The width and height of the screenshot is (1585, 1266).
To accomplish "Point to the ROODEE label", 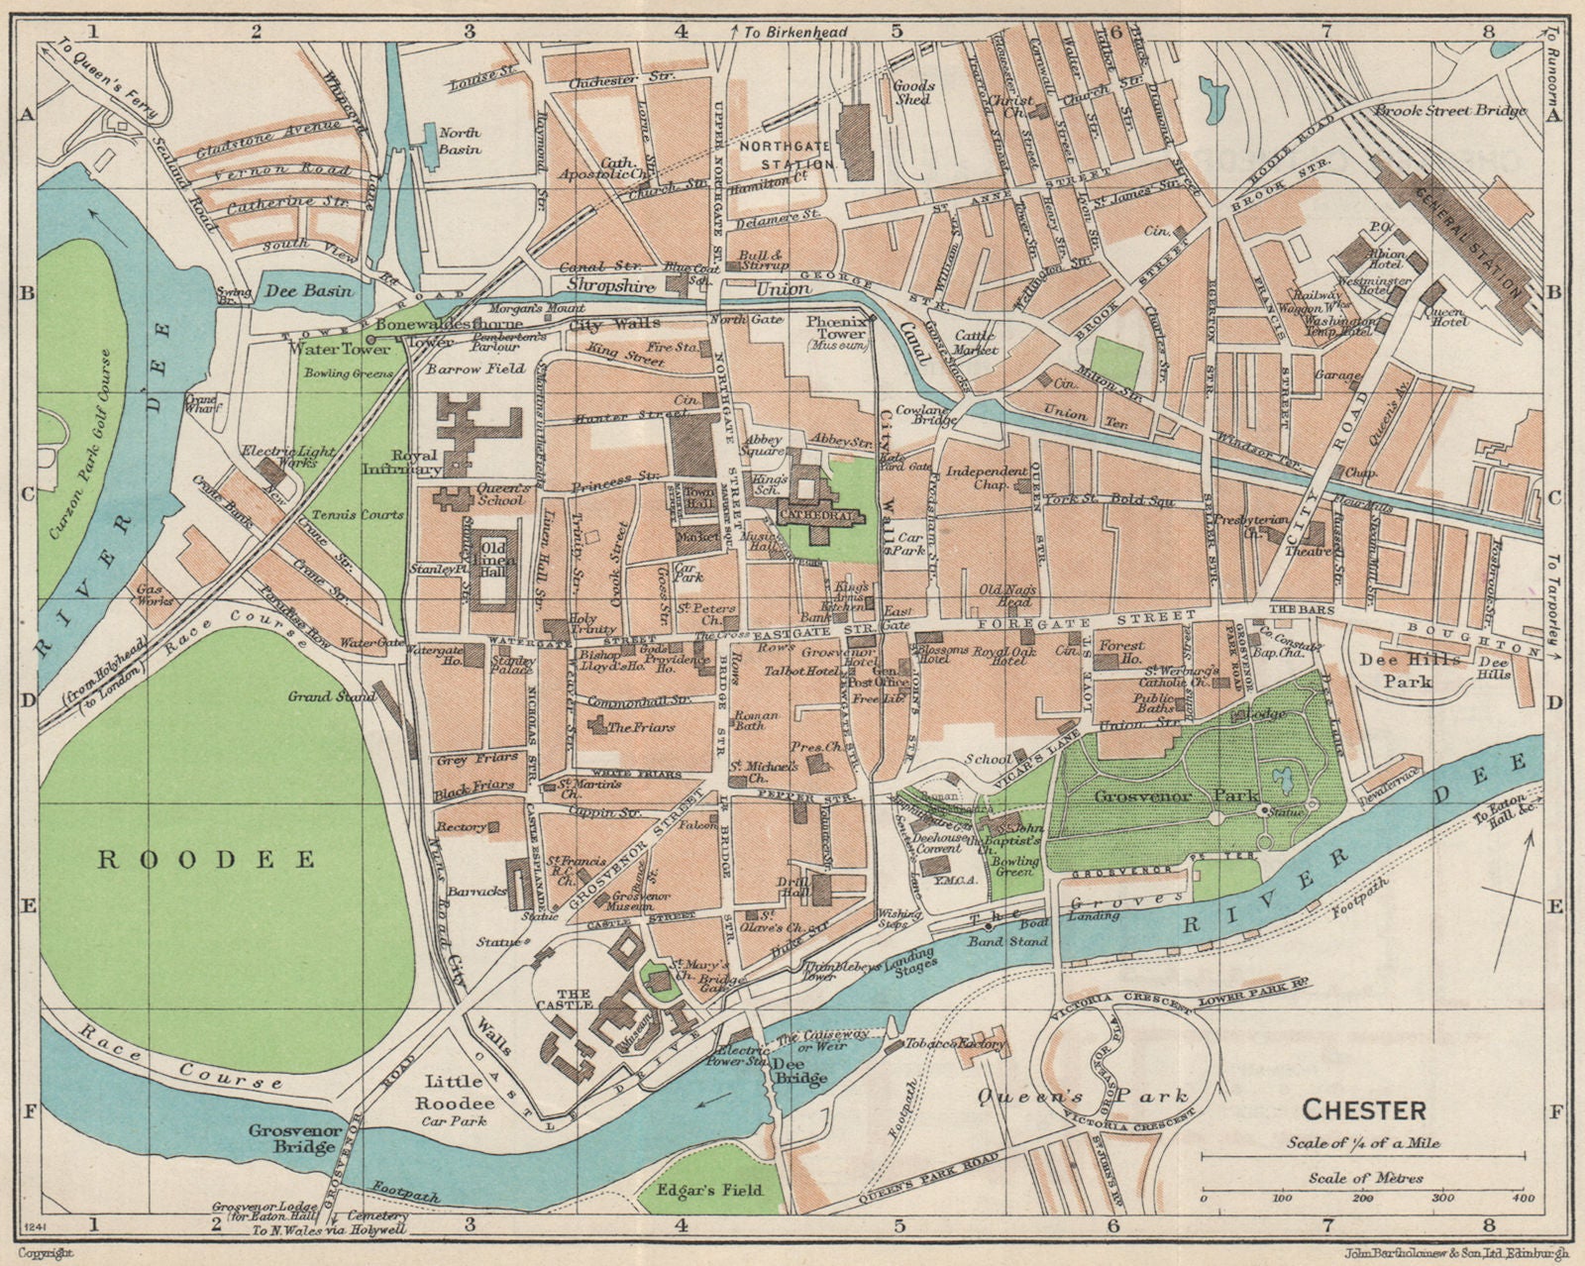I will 207,859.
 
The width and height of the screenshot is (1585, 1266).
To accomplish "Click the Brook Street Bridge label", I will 1450,111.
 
